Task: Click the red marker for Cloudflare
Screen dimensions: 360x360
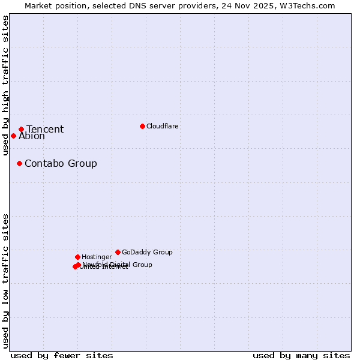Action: tap(142, 126)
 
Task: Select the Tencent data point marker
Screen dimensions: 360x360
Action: tap(21, 129)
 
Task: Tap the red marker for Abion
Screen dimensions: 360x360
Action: tap(13, 136)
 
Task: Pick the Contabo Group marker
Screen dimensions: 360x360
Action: tap(19, 163)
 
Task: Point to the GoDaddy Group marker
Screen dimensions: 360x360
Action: tap(118, 252)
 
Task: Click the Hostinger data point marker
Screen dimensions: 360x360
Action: tap(77, 257)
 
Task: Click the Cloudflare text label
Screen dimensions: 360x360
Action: tap(163, 126)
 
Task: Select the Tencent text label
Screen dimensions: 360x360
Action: tap(45, 130)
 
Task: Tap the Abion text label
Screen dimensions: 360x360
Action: tap(32, 136)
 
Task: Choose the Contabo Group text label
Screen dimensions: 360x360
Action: tap(61, 163)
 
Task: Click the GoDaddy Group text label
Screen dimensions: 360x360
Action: tap(147, 252)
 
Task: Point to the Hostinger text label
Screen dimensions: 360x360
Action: tap(97, 257)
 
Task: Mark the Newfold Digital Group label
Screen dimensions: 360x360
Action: tap(118, 265)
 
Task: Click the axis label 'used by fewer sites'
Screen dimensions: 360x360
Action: tap(62, 355)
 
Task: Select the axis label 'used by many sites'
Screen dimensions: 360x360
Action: tap(301, 355)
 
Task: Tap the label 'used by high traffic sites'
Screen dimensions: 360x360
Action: tap(5, 85)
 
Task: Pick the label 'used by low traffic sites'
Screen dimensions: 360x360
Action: tap(5, 280)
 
